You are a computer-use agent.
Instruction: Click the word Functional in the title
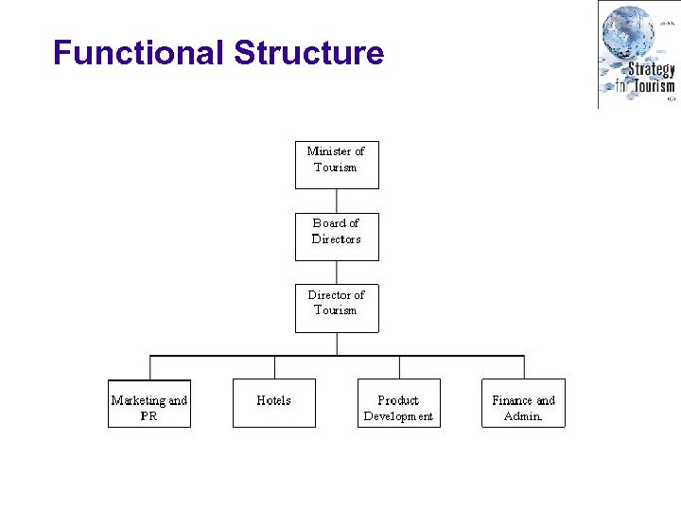pyautogui.click(x=139, y=53)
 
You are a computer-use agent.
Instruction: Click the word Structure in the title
pyautogui.click(x=308, y=53)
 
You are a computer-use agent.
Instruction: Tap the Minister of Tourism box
pyautogui.click(x=337, y=165)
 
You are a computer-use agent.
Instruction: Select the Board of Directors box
pyautogui.click(x=337, y=237)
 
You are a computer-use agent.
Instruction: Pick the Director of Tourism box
pyautogui.click(x=337, y=308)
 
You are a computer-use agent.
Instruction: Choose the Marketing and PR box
pyautogui.click(x=149, y=404)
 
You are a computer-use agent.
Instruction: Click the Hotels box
pyautogui.click(x=274, y=404)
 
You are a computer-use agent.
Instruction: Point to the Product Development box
pyautogui.click(x=399, y=404)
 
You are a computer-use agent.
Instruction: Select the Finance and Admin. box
pyautogui.click(x=523, y=404)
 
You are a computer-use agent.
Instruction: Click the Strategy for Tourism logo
pyautogui.click(x=637, y=55)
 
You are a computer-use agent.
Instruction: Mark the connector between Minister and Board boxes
pyautogui.click(x=337, y=201)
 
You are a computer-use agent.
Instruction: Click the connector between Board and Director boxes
pyautogui.click(x=337, y=273)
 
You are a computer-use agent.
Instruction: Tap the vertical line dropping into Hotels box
pyautogui.click(x=274, y=367)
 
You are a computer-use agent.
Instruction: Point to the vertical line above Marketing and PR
pyautogui.click(x=149, y=367)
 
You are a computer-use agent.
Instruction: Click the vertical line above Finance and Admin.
pyautogui.click(x=523, y=367)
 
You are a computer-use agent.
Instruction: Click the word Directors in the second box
pyautogui.click(x=337, y=239)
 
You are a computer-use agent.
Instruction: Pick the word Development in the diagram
pyautogui.click(x=399, y=416)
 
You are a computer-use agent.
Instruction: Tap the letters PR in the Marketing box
pyautogui.click(x=149, y=416)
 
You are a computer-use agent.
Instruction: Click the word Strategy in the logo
pyautogui.click(x=652, y=69)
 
